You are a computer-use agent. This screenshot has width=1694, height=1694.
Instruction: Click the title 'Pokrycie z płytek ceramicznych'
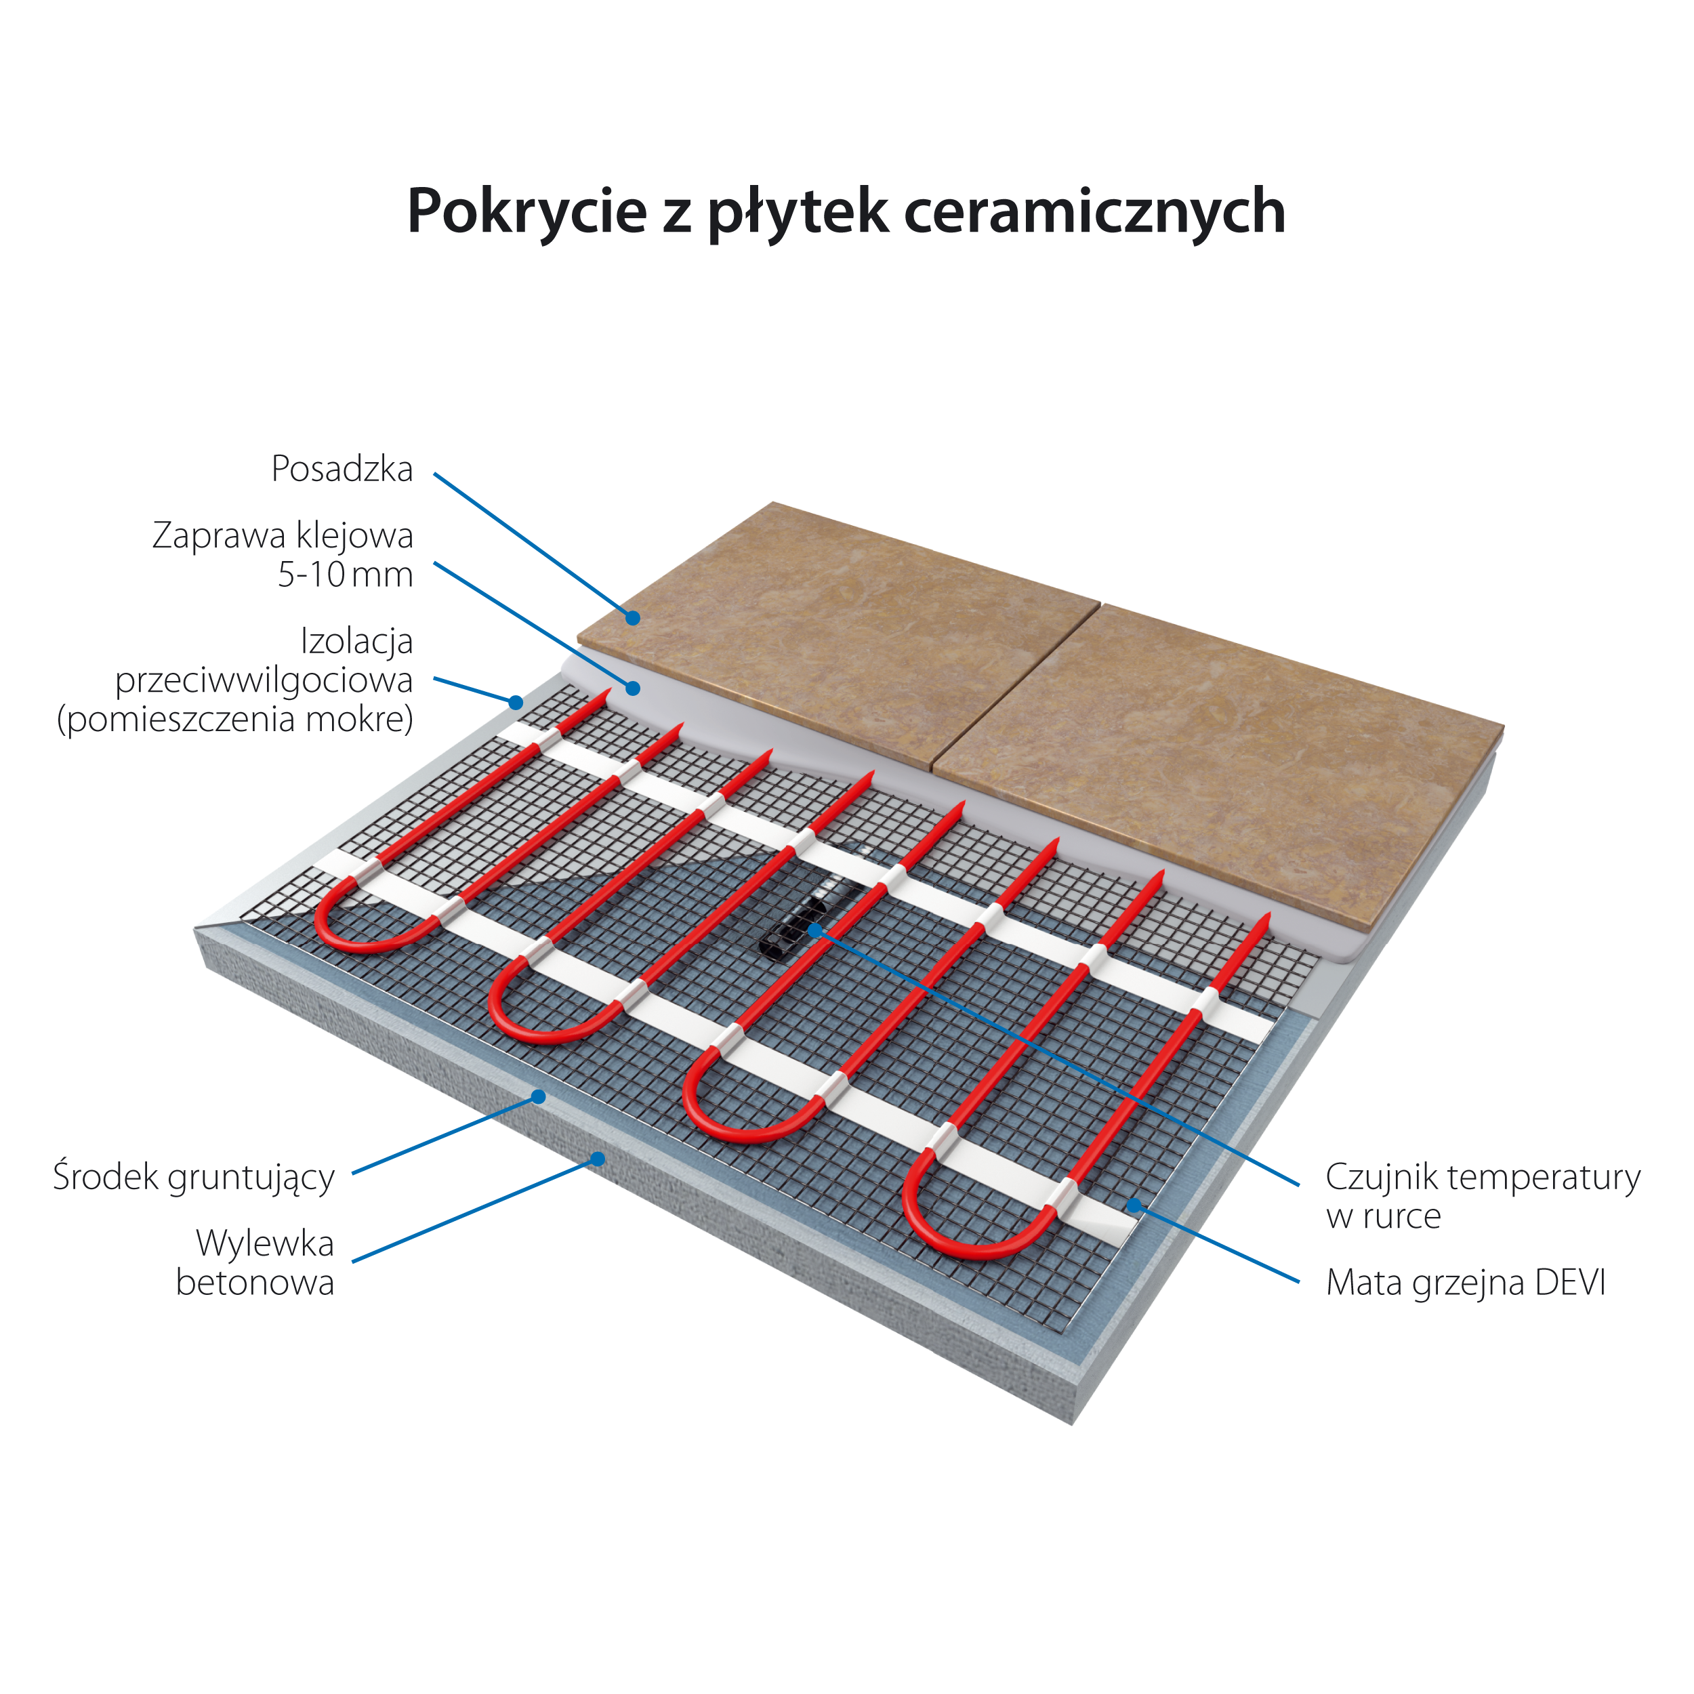(846, 211)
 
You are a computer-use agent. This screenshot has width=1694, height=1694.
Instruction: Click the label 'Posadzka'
(342, 469)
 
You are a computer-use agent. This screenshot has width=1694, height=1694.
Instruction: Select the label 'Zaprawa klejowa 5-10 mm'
(283, 555)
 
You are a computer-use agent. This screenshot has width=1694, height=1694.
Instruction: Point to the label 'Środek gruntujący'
(194, 1178)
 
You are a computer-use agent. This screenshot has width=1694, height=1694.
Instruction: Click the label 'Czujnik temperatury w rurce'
(1483, 1196)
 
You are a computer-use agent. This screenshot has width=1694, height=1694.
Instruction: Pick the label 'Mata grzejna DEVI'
(1465, 1283)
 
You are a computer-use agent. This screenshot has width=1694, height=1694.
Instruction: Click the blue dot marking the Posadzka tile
(632, 617)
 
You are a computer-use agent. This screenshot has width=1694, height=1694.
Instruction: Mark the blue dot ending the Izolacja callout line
(516, 702)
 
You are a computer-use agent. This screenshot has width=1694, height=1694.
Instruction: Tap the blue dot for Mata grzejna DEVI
(1134, 1205)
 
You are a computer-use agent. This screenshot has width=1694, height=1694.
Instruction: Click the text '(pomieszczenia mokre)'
(235, 720)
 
